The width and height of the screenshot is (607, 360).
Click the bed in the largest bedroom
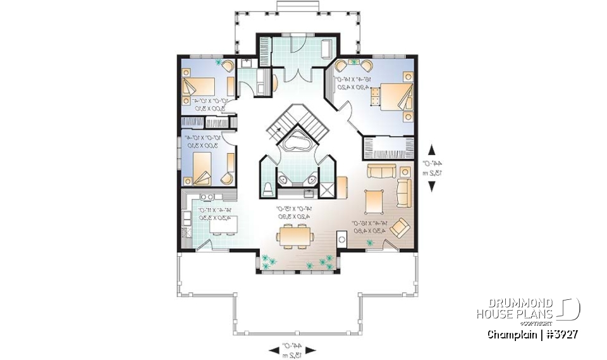[393, 96]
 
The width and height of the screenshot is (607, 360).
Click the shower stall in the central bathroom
[328, 188]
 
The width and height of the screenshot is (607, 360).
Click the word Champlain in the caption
[509, 333]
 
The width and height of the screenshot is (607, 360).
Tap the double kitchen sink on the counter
[206, 197]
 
